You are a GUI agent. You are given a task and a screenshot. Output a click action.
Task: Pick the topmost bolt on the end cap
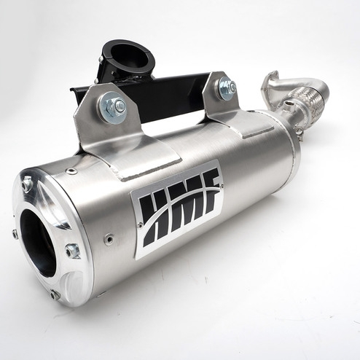point(27,184)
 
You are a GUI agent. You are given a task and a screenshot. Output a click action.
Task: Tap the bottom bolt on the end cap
point(55,294)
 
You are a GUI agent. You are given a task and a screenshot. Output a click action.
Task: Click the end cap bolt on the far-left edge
point(15,234)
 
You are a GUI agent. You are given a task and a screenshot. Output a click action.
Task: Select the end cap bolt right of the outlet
point(72,251)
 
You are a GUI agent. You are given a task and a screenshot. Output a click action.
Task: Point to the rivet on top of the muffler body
point(71,172)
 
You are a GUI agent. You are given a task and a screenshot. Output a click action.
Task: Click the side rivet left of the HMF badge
point(109,239)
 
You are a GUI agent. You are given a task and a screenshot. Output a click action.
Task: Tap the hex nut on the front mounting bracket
point(115,107)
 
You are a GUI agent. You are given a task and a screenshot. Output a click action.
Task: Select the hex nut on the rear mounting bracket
point(227,88)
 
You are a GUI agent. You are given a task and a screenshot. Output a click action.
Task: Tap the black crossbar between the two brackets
point(168,98)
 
